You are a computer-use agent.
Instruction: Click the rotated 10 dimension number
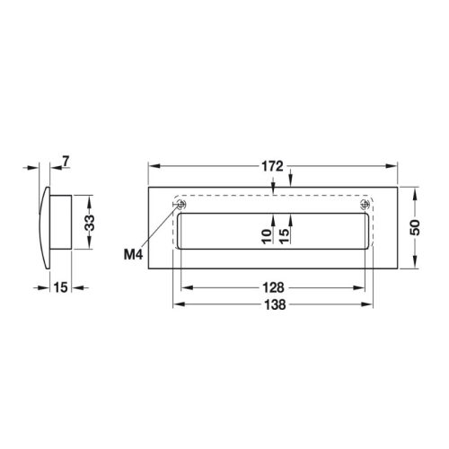point(266,237)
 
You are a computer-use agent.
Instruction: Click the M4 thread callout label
point(134,254)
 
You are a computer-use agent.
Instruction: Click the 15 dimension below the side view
point(60,287)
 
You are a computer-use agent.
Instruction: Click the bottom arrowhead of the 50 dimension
point(415,267)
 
